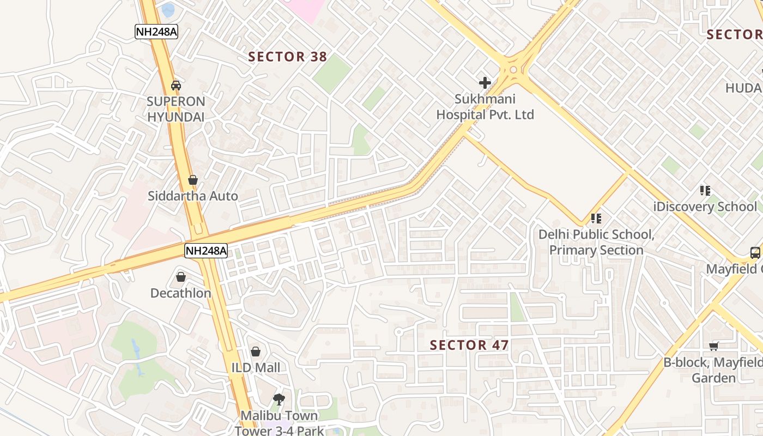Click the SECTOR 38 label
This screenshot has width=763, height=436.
tap(287, 57)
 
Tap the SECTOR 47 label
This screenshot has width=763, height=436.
tap(469, 345)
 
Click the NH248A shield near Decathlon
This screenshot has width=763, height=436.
tap(205, 251)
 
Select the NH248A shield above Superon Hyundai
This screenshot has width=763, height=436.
tap(156, 32)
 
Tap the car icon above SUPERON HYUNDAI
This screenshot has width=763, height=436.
tap(176, 85)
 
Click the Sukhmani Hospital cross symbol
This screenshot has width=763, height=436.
tap(485, 83)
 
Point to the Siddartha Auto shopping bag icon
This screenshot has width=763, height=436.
tap(192, 179)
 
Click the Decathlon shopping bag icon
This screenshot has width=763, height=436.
tap(181, 277)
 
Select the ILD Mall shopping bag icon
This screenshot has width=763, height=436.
tap(256, 352)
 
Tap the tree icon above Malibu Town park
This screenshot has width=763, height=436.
tap(278, 399)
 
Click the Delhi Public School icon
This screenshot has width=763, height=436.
tap(596, 219)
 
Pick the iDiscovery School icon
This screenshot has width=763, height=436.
tap(705, 191)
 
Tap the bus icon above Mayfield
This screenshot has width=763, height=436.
tap(755, 253)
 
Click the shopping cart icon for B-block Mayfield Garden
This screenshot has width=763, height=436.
tap(714, 346)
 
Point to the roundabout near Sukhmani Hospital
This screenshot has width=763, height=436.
tap(513, 69)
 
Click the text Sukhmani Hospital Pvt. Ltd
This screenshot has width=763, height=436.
tap(485, 107)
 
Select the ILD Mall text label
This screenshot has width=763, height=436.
tap(256, 368)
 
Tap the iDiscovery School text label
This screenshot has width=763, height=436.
tap(705, 207)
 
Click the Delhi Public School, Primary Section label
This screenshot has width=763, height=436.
tap(596, 243)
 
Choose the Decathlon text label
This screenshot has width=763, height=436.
tap(180, 293)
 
